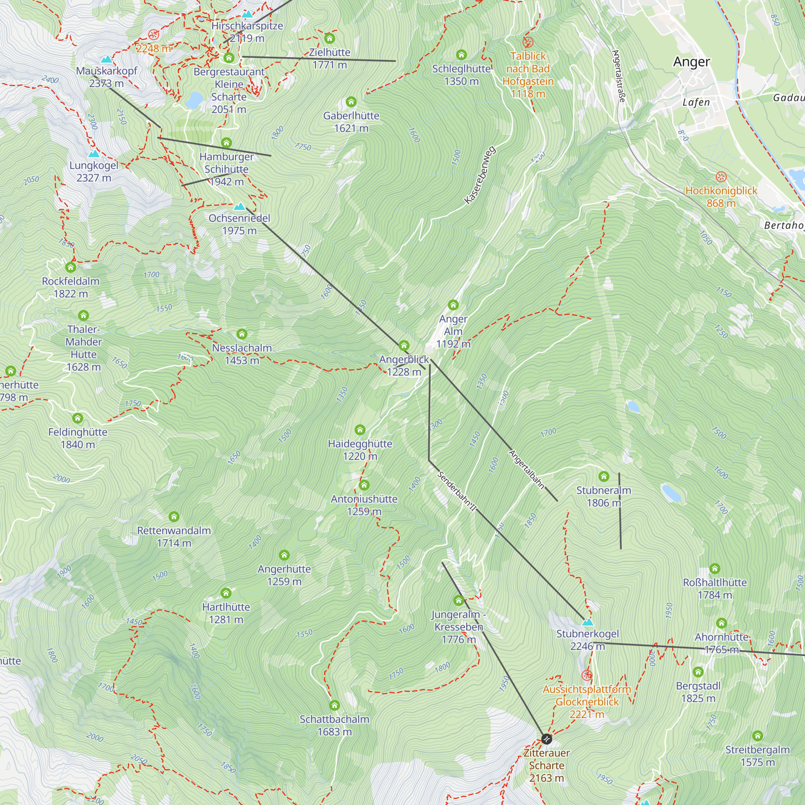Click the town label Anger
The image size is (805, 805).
(x=691, y=62)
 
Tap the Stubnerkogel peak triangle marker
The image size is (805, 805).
(x=588, y=623)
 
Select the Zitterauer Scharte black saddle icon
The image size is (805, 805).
(x=547, y=739)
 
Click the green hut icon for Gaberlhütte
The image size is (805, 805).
(x=351, y=102)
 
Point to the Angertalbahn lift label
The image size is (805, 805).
(x=526, y=469)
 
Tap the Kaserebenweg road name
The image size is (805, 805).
(x=480, y=175)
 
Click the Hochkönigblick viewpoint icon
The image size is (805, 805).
(x=721, y=177)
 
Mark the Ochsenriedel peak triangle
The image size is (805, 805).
(x=239, y=206)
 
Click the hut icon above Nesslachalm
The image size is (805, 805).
(x=242, y=334)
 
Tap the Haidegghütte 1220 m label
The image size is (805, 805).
(x=360, y=450)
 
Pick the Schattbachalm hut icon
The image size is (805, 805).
(x=334, y=706)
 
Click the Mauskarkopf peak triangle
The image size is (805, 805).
(x=107, y=59)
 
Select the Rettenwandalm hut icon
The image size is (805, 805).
(x=174, y=517)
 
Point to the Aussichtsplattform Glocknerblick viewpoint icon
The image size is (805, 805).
(x=587, y=675)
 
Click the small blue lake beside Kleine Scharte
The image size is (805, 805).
(x=194, y=100)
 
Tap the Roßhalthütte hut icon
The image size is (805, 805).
(x=714, y=569)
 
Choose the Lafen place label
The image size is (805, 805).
(x=696, y=102)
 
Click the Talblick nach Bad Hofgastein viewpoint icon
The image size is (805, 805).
(x=528, y=42)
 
